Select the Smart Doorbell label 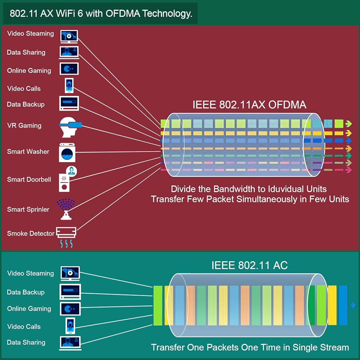[29, 179]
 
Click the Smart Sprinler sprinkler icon [66, 209]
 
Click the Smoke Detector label [31, 234]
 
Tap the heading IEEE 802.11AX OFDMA [249, 105]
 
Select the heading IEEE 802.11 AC [249, 265]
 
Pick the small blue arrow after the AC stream [353, 306]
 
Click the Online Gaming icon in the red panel [69, 69]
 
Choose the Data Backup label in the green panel [26, 292]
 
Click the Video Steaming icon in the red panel [69, 35]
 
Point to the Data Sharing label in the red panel [26, 53]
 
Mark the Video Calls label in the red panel [24, 89]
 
